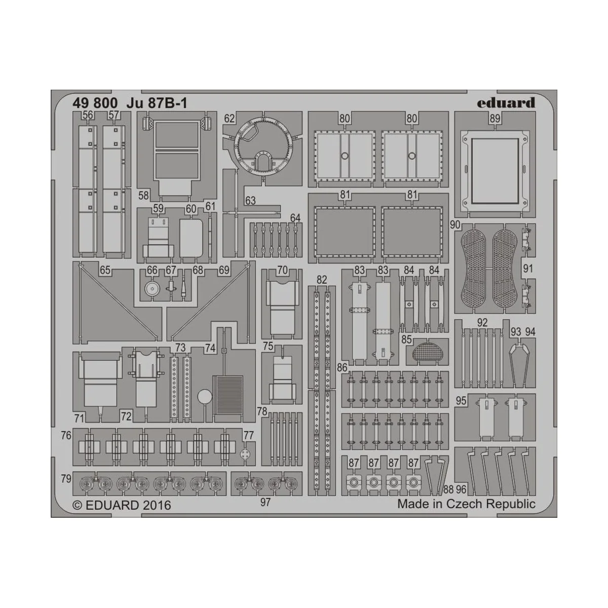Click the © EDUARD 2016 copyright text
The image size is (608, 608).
tap(122, 505)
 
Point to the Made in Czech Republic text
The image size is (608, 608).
tap(466, 504)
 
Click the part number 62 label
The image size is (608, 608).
tap(230, 119)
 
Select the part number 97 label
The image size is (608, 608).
tap(265, 502)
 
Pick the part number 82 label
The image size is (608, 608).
tap(321, 279)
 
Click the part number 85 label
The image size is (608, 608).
tap(406, 340)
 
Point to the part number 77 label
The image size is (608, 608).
tap(248, 435)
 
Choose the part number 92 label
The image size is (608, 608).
tap(482, 322)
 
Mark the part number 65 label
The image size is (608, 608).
tap(105, 271)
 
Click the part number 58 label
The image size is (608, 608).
tap(143, 196)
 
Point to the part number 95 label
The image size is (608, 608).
tap(461, 400)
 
